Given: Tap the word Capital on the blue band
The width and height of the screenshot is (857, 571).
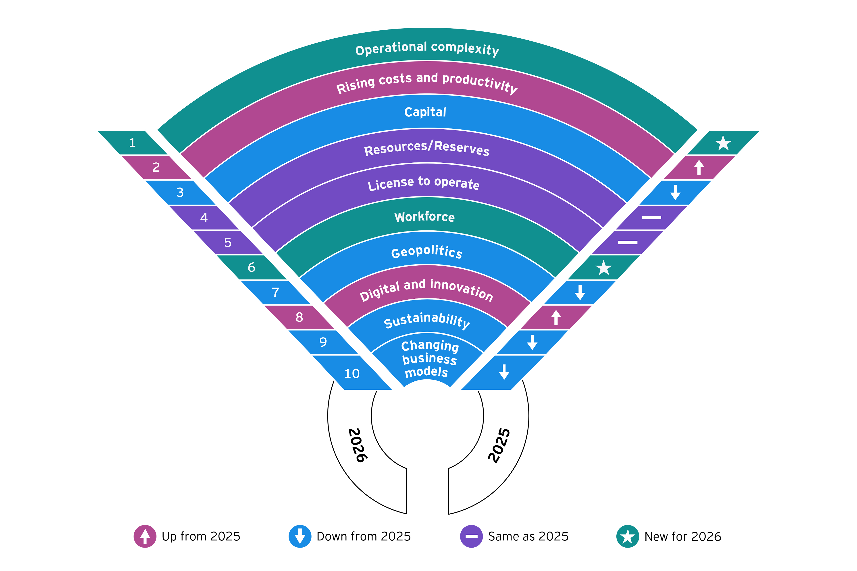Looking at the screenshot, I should [x=425, y=112].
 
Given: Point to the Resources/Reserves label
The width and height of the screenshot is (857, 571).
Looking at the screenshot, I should [x=427, y=148].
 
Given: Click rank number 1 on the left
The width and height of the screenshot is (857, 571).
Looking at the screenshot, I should [x=132, y=142].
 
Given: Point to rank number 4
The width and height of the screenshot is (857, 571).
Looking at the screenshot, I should [x=204, y=217].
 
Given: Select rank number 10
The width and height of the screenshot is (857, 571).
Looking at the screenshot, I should [x=352, y=374].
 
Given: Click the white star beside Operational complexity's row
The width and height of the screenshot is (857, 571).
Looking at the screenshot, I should [x=723, y=143].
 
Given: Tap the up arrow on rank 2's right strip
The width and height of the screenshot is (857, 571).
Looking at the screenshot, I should [x=699, y=168].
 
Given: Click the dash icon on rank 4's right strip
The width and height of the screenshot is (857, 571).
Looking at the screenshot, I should [x=651, y=218].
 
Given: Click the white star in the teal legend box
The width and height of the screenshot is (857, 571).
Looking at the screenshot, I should [x=627, y=536].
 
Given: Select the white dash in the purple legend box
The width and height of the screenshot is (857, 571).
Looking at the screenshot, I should [x=472, y=536].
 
